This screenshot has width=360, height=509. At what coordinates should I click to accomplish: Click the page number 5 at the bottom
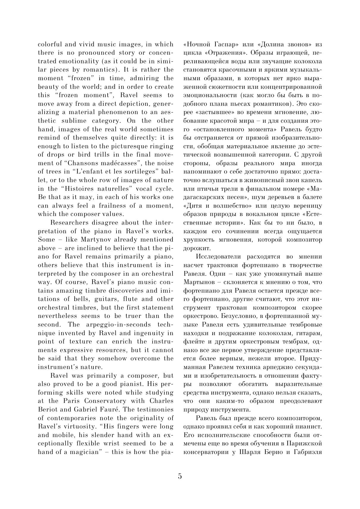pos(180,476)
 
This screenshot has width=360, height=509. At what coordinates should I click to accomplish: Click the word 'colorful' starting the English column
pos(50,45)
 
